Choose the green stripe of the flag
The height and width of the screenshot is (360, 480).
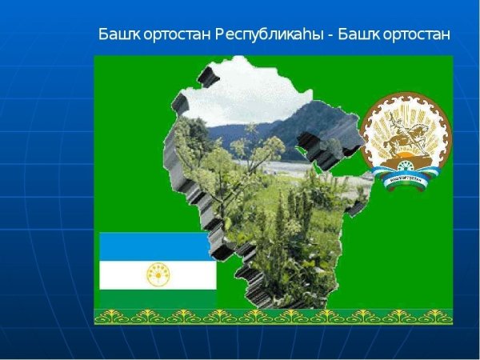coord(157,298)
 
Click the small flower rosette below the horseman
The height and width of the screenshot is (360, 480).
coord(405,168)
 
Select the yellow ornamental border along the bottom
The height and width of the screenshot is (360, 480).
coord(273,316)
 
